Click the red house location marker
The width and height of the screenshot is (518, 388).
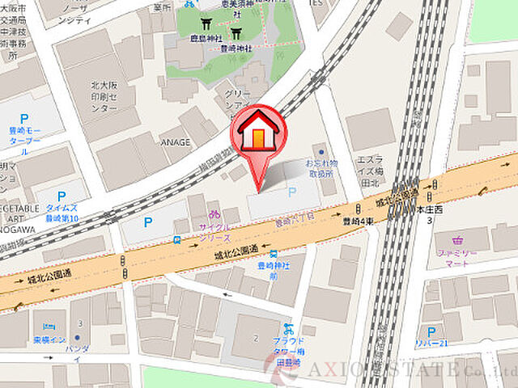(257, 133)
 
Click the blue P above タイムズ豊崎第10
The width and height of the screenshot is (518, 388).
(62, 196)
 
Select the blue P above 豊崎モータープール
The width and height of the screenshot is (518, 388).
(23, 116)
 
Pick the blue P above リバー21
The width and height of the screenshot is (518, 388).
(431, 331)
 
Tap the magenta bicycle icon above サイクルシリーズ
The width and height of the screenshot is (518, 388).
(214, 215)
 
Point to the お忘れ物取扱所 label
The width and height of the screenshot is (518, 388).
(321, 168)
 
